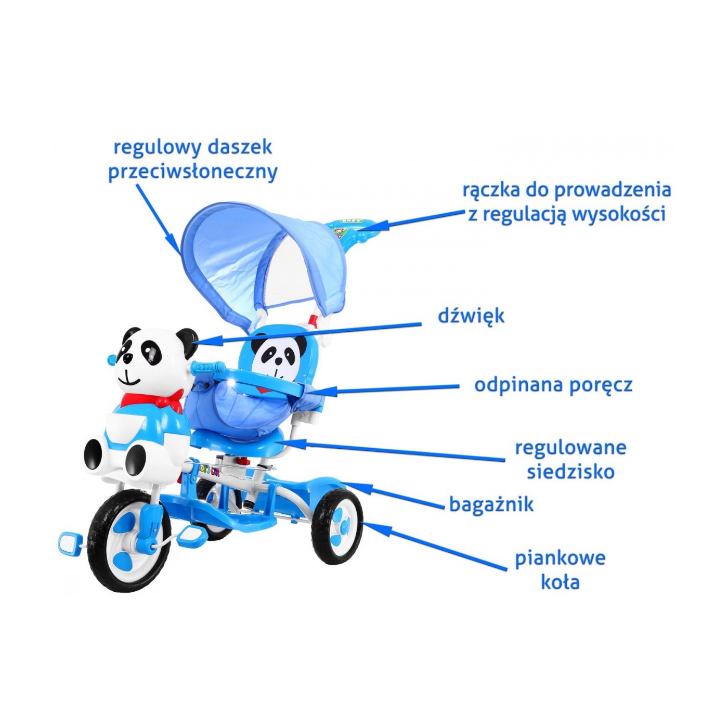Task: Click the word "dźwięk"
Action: coord(471,316)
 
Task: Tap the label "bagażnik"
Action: coord(491,504)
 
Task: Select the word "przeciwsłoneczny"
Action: coord(193,172)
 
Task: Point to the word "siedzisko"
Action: coord(570,472)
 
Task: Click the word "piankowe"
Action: coord(560,558)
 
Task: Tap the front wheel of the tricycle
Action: coord(130,541)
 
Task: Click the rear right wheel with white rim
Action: coord(337,526)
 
